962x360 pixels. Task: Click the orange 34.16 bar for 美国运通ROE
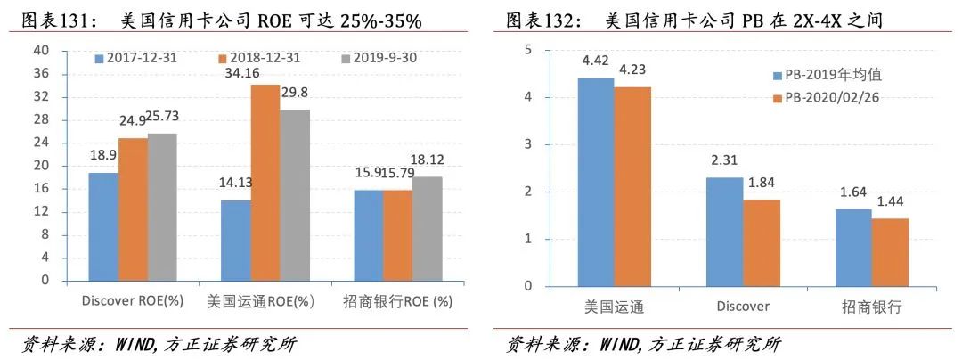tap(266, 183)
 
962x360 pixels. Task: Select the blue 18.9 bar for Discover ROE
tap(103, 226)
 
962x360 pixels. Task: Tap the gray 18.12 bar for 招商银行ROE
tap(428, 228)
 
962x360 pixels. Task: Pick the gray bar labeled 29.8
tap(296, 195)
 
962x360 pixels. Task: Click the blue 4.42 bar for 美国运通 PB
tap(596, 182)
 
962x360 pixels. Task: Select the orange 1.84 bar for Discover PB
tap(762, 242)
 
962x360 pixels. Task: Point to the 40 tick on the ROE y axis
tap(41, 50)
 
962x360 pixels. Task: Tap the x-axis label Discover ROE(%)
tap(133, 301)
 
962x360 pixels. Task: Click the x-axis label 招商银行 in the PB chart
tap(872, 307)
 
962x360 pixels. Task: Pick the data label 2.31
tap(723, 161)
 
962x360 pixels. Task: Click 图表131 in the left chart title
tap(54, 20)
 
